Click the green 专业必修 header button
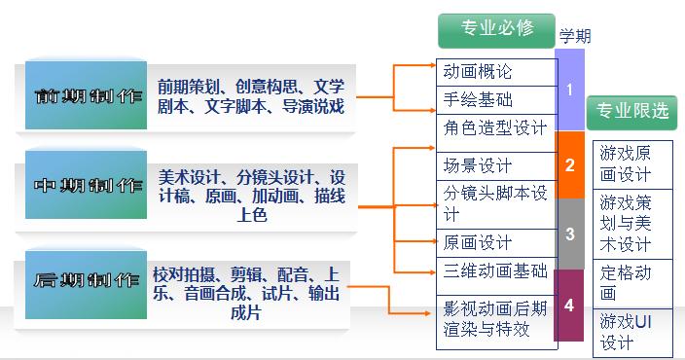tap(497, 28)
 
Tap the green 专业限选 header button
tap(632, 111)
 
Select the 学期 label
tap(575, 37)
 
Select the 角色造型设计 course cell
tap(495, 127)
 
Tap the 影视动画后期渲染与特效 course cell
tap(495, 319)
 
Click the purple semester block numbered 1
tap(570, 90)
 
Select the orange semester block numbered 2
tap(570, 164)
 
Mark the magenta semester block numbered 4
tap(570, 305)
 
